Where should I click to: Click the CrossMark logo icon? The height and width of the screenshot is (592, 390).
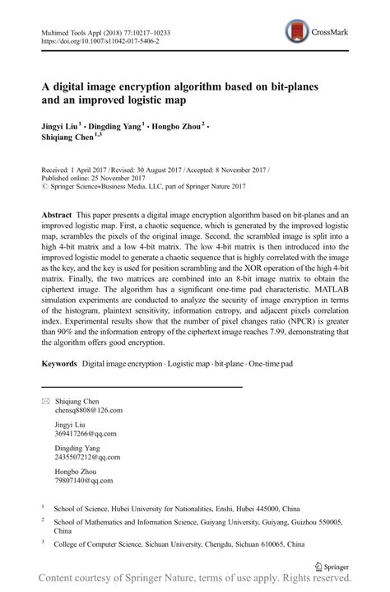coord(294,32)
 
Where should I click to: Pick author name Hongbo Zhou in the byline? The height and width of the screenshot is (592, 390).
coord(178,127)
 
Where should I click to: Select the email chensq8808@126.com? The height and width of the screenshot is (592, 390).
coord(89,409)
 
